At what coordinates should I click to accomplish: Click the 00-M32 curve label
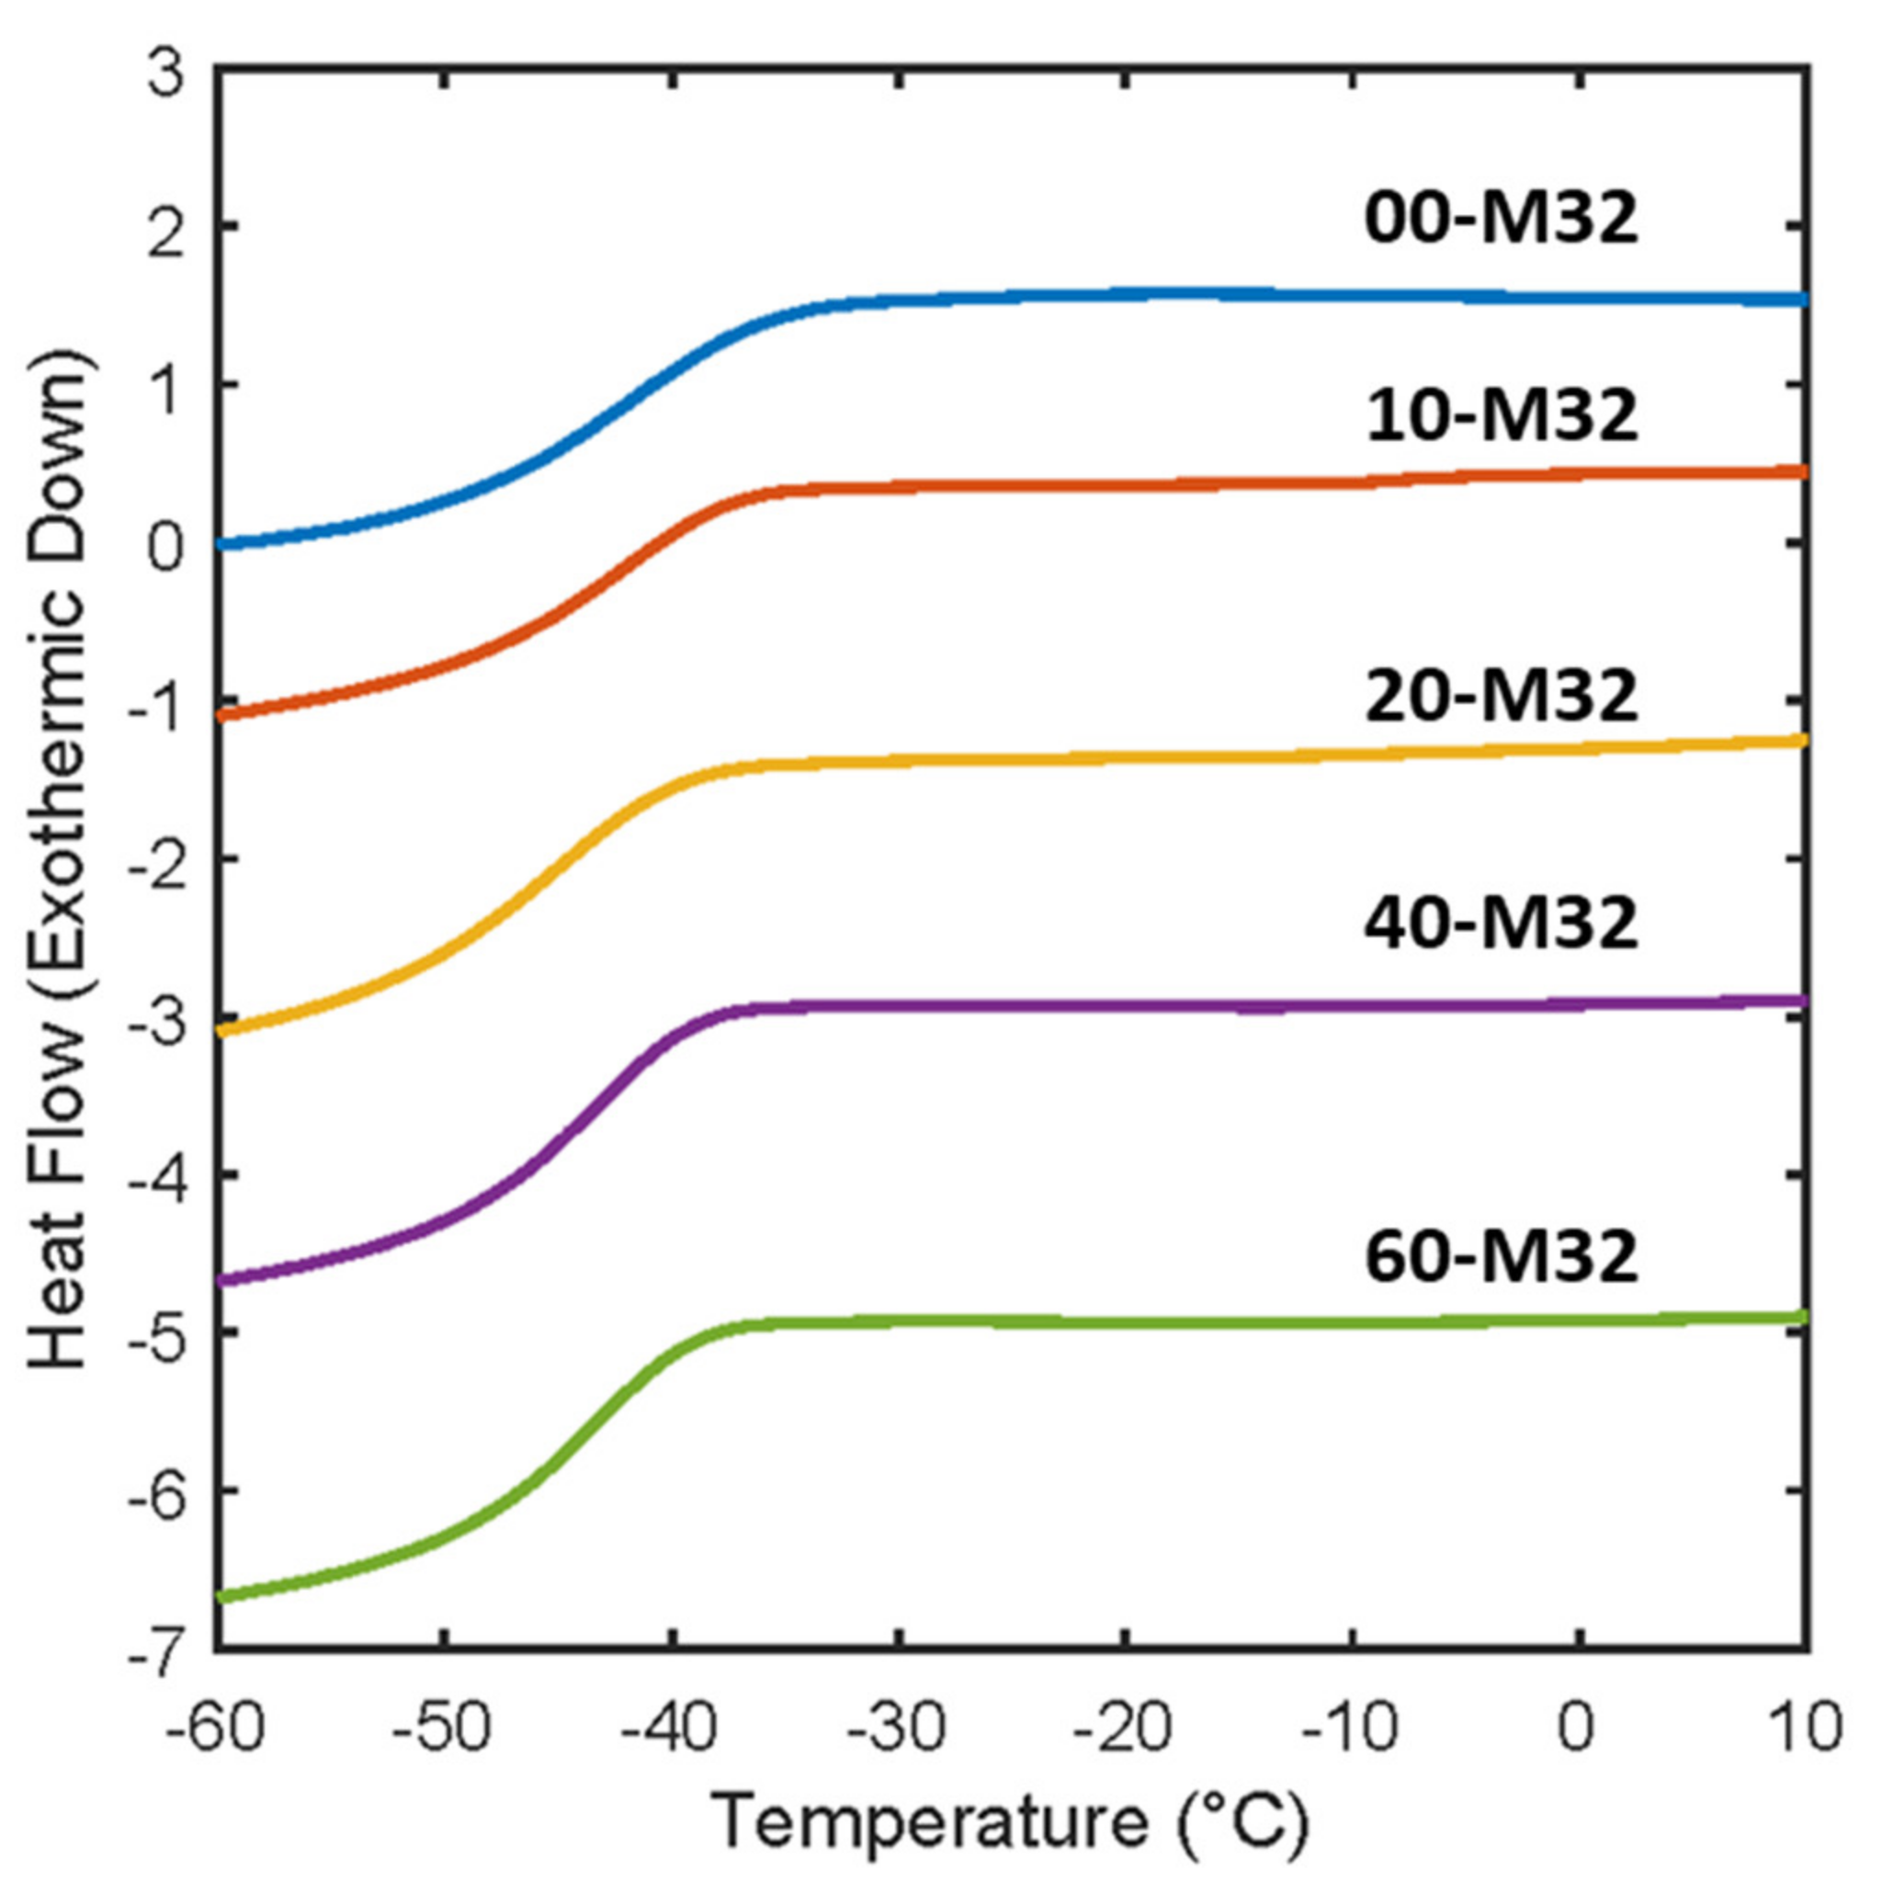pyautogui.click(x=1500, y=221)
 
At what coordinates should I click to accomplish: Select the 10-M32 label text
pyautogui.click(x=1500, y=417)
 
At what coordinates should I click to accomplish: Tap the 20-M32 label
pyautogui.click(x=1500, y=697)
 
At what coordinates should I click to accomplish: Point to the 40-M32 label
pyautogui.click(x=1500, y=925)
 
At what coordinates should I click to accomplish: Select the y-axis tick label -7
pyautogui.click(x=156, y=1651)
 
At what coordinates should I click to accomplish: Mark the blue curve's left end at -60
pyautogui.click(x=221, y=544)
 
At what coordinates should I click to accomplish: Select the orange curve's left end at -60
pyautogui.click(x=221, y=715)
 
